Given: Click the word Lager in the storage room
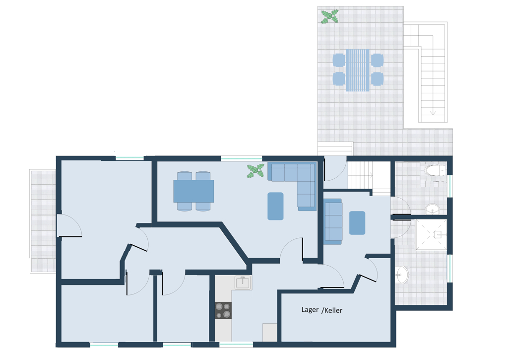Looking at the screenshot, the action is pyautogui.click(x=310, y=310).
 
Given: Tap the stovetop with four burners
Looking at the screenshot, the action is pyautogui.click(x=223, y=310).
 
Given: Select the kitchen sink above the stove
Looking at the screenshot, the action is pyautogui.click(x=242, y=283).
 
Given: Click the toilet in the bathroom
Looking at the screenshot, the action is pyautogui.click(x=435, y=171).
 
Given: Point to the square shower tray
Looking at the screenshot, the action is pyautogui.click(x=431, y=235).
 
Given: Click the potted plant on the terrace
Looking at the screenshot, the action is pyautogui.click(x=330, y=16).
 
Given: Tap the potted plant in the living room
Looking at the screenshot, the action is pyautogui.click(x=255, y=171).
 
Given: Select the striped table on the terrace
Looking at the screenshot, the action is pyautogui.click(x=358, y=70).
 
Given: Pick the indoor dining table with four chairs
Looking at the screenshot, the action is pyautogui.click(x=194, y=191).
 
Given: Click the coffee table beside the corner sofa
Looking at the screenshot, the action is pyautogui.click(x=275, y=206).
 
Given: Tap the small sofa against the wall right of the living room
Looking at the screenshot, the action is pyautogui.click(x=333, y=221).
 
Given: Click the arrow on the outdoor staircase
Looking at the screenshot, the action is pyautogui.click(x=433, y=113).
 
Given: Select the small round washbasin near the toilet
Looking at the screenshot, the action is pyautogui.click(x=432, y=209).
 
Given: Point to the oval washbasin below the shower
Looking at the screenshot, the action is pyautogui.click(x=402, y=275).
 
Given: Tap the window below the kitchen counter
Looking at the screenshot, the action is pyautogui.click(x=236, y=344).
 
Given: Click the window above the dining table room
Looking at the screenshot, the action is pyautogui.click(x=242, y=158).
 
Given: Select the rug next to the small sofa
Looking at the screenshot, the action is pyautogui.click(x=357, y=223).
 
